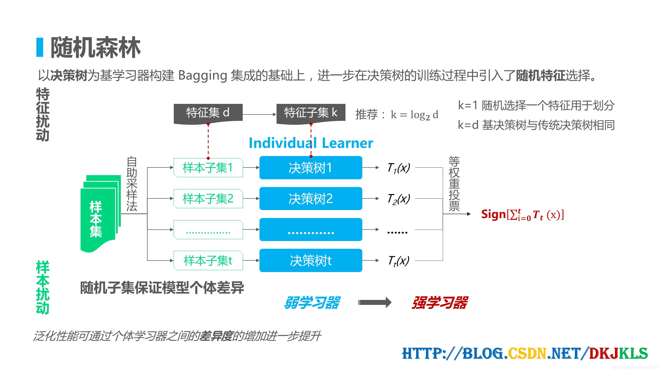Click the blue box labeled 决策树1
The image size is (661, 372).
pyautogui.click(x=311, y=168)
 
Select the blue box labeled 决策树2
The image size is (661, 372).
pyautogui.click(x=311, y=199)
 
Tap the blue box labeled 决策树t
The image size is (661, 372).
pyautogui.click(x=311, y=260)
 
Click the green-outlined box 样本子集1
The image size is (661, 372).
pyautogui.click(x=208, y=168)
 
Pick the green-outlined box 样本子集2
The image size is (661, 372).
pyautogui.click(x=208, y=199)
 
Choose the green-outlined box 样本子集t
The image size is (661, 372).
pyautogui.click(x=208, y=260)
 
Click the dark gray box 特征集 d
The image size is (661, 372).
pyautogui.click(x=208, y=113)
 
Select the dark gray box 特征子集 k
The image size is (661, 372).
pyautogui.click(x=311, y=113)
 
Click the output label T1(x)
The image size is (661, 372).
pyautogui.click(x=398, y=168)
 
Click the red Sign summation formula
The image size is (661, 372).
pyautogui.click(x=522, y=215)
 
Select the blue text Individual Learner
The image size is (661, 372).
pyautogui.click(x=311, y=143)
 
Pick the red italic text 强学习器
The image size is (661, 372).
pyautogui.click(x=439, y=303)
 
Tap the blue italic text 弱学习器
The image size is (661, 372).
pyautogui.click(x=312, y=303)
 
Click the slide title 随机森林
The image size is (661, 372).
pyautogui.click(x=96, y=48)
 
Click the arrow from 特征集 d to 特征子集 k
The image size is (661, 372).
pyautogui.click(x=259, y=114)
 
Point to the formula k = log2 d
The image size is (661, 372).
pyautogui.click(x=414, y=115)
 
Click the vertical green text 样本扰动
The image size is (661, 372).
pyautogui.click(x=43, y=287)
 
